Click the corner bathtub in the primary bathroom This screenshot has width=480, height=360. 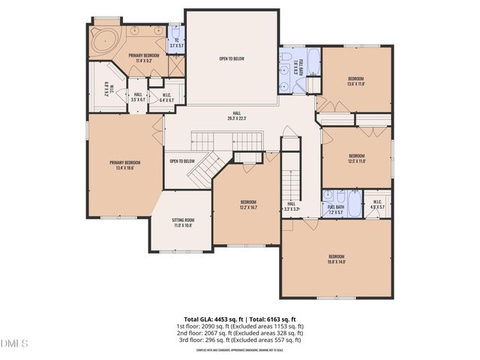click(101, 38)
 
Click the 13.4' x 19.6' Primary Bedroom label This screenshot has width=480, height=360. click(125, 166)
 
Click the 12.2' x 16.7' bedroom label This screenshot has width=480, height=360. click(248, 205)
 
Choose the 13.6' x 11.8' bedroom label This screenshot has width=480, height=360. click(355, 82)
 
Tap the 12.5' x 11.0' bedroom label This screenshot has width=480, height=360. click(356, 158)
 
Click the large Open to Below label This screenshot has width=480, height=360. click(232, 58)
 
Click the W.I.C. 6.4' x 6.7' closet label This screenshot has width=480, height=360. click(168, 97)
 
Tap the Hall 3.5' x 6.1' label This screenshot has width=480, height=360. click(137, 97)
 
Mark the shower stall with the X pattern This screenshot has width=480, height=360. click(176, 64)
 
